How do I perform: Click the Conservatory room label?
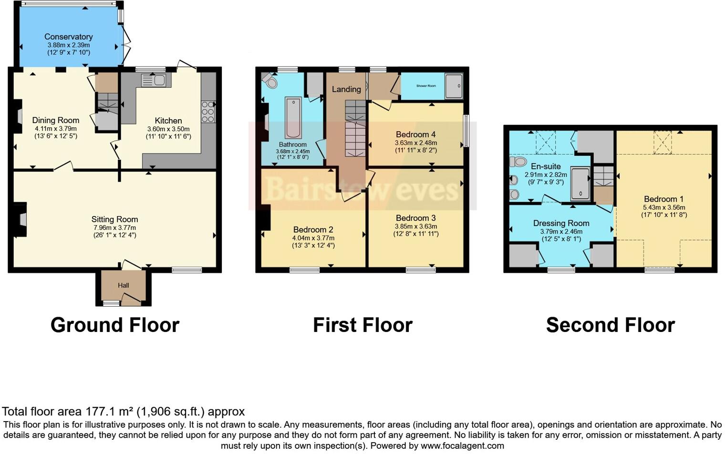coord(68,37)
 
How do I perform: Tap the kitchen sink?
coord(154,81)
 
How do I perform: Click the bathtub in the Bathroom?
coord(293,117)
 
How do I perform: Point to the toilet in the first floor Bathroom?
coord(270,81)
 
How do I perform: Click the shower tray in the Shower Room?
coord(454,86)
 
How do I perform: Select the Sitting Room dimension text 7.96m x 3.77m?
coord(114,227)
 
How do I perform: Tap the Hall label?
coord(124,285)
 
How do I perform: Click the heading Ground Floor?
coord(115,325)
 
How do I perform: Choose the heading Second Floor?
coord(610,325)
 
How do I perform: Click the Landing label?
coord(346,89)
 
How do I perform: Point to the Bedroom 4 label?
coord(415,134)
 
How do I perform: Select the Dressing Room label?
coord(561,223)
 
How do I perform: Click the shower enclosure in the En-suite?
coord(580,183)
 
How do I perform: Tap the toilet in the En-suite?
coord(518,161)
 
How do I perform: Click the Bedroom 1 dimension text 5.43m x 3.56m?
coord(663,207)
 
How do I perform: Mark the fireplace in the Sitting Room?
coord(21,219)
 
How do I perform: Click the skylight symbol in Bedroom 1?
coord(662,142)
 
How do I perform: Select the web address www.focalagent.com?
coord(462,446)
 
